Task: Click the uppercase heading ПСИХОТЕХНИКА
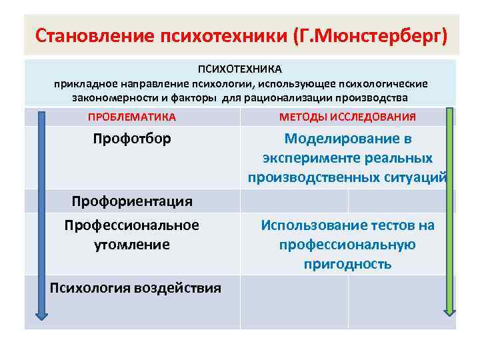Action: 240,69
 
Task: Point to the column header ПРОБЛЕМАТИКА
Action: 132,117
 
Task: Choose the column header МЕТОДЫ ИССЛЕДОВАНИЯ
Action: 347,117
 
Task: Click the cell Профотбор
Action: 132,139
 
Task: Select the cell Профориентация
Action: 132,201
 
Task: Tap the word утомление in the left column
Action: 132,245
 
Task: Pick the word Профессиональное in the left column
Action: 132,225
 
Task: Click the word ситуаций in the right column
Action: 415,177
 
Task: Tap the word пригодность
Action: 347,264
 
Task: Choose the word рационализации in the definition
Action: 308,97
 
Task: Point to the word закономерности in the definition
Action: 110,97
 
